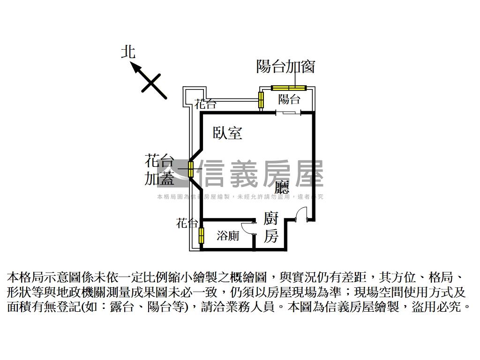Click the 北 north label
pyautogui.click(x=128, y=52)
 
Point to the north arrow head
pyautogui.click(x=136, y=68)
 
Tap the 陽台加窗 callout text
pyautogui.click(x=285, y=67)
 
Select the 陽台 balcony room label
pyautogui.click(x=289, y=99)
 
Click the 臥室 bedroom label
pyautogui.click(x=227, y=133)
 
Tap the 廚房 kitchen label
pyautogui.click(x=271, y=227)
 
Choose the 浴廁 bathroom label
pyautogui.click(x=228, y=236)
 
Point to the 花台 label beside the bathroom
pyautogui.click(x=187, y=223)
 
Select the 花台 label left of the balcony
pyautogui.click(x=206, y=104)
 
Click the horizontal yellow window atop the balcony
pyautogui.click(x=289, y=87)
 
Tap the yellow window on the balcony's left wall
pyautogui.click(x=261, y=99)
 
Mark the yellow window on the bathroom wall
pyautogui.click(x=202, y=235)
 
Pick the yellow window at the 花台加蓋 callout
pyautogui.click(x=191, y=169)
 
